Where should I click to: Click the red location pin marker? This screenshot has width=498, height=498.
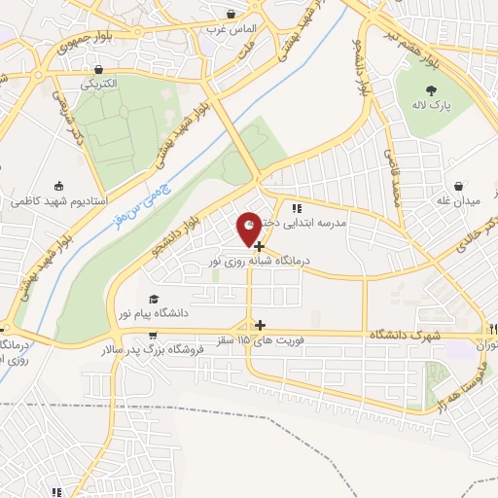[250, 228]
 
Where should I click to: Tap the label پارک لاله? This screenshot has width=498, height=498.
[427, 104]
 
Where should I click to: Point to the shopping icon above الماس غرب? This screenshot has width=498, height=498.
[231, 15]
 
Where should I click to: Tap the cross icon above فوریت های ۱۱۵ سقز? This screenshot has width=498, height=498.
[259, 324]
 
